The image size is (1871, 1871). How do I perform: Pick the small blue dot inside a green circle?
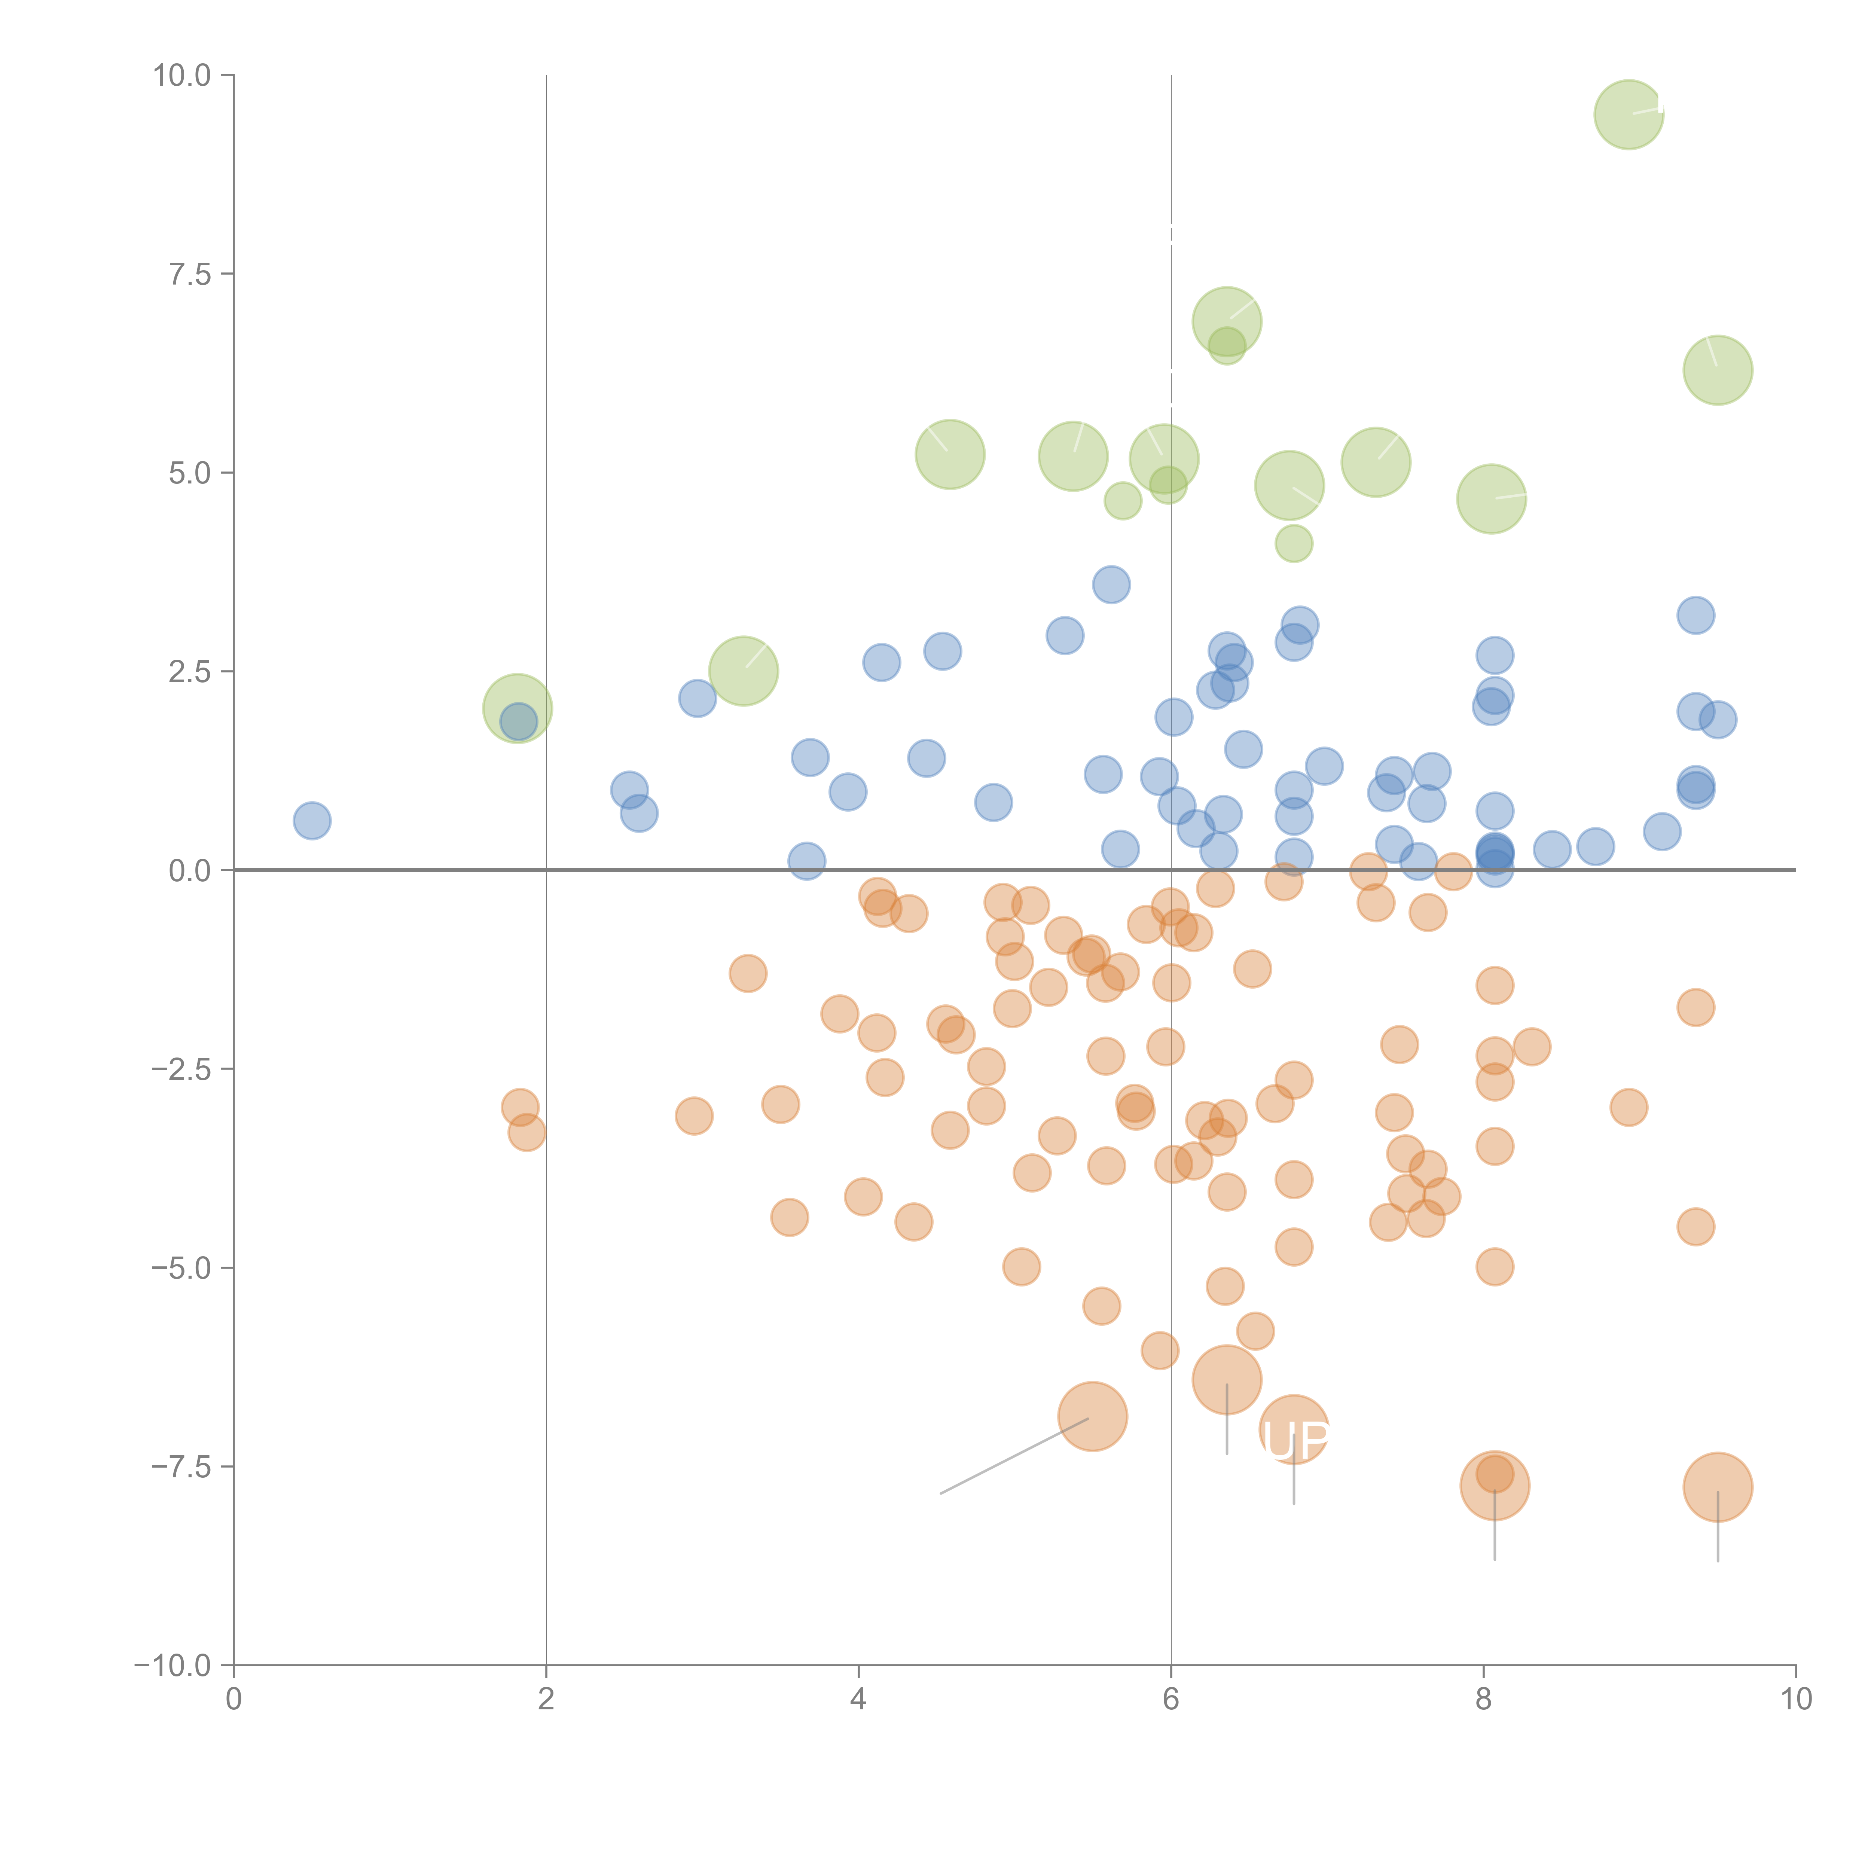pyautogui.click(x=518, y=721)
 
